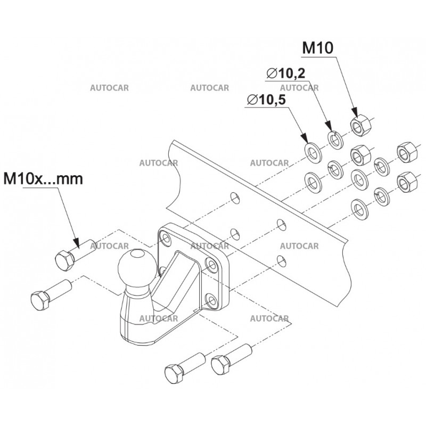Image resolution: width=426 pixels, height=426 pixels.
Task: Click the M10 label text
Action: (x=317, y=48)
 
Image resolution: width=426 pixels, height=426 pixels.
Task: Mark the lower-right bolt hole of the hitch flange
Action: (x=212, y=301)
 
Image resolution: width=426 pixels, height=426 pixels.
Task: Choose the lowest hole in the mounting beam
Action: (x=280, y=259)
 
